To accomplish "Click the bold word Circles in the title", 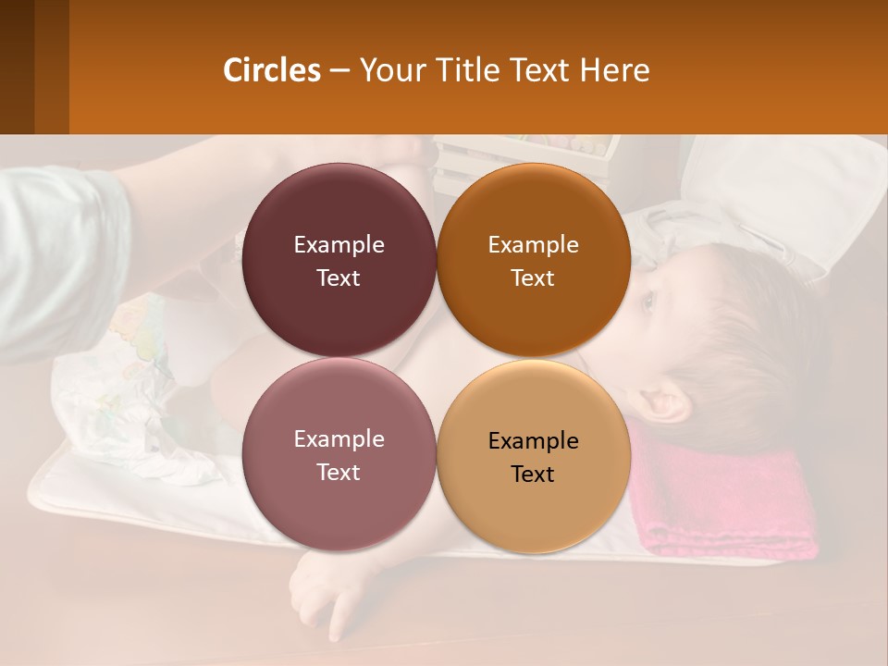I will click(x=272, y=70).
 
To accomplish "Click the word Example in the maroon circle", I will click(x=339, y=245).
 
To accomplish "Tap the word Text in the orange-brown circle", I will click(x=533, y=278).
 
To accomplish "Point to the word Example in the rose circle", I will click(x=339, y=439).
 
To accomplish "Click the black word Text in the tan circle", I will click(x=533, y=475).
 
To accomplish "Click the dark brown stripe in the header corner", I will click(x=17, y=67).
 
